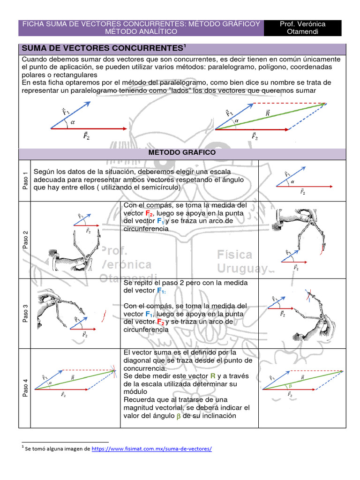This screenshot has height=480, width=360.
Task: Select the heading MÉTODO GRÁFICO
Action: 182,153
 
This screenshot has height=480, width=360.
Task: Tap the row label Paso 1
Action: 25,180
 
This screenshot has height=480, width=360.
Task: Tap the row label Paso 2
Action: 25,240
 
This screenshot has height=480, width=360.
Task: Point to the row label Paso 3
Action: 25,313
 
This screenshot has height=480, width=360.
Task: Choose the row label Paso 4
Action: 25,388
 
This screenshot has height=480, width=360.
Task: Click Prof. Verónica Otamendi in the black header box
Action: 302,28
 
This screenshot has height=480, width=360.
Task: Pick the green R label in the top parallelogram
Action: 267,113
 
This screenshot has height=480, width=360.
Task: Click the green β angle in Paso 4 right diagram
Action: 290,386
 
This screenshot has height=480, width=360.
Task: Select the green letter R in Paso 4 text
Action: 213,376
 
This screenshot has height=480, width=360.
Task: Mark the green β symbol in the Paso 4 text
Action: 178,416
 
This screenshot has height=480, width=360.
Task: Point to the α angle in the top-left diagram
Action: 73,123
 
